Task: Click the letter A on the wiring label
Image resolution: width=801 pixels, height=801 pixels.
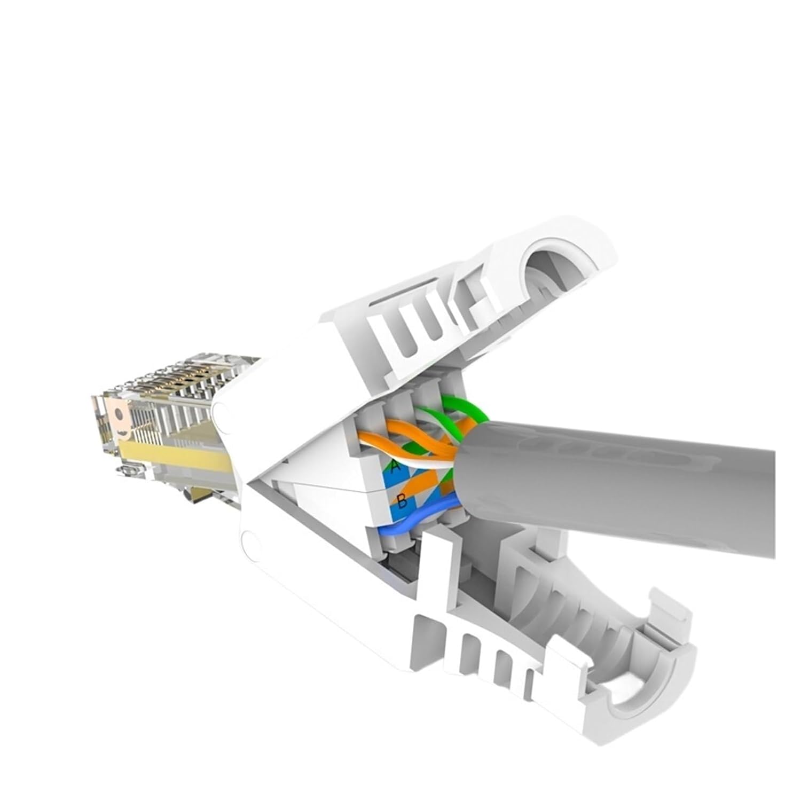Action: [395, 466]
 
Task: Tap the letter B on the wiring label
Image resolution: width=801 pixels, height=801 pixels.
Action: [402, 501]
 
